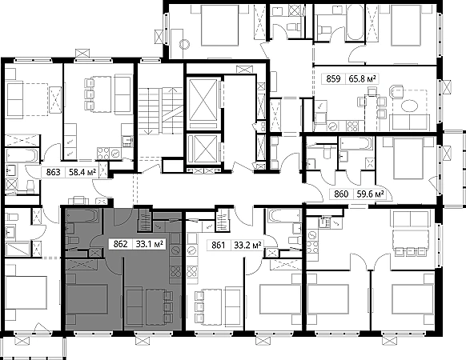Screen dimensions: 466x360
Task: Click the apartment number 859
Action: [x=333, y=79]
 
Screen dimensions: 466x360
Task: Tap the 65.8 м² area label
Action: [x=362, y=79]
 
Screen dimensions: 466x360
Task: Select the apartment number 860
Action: [x=341, y=194]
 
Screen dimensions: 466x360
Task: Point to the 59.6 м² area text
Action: [x=370, y=194]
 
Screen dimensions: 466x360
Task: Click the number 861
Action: [x=218, y=246]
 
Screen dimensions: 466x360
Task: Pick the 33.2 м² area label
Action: [x=247, y=246]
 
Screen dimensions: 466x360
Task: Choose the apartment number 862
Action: [x=120, y=244]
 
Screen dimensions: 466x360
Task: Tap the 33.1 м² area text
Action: [x=149, y=244]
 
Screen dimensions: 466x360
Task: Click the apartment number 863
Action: [x=53, y=172]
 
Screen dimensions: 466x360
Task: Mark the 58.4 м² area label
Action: [x=82, y=172]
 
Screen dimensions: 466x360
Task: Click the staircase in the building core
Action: [x=160, y=110]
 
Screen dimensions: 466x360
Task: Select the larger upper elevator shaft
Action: [x=203, y=100]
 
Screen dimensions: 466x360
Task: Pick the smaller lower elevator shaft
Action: [x=203, y=149]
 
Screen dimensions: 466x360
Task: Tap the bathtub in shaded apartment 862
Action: [x=82, y=216]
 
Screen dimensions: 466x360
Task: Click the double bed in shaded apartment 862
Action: [x=86, y=299]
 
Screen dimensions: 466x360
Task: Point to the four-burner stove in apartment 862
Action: [x=175, y=271]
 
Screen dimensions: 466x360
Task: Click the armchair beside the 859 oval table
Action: [x=396, y=91]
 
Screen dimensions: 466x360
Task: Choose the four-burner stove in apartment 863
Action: [x=103, y=154]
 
